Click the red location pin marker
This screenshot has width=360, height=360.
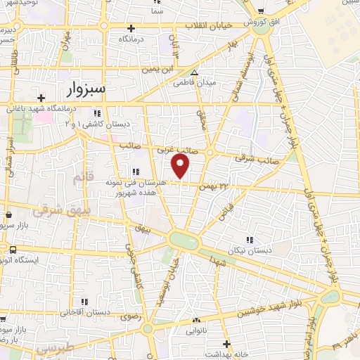click(x=181, y=167)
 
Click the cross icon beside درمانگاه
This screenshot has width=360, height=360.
click(x=130, y=28)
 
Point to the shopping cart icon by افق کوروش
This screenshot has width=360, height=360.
click(x=261, y=12)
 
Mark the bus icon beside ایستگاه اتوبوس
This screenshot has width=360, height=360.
click(x=13, y=250)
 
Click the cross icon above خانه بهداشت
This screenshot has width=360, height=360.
click(x=226, y=344)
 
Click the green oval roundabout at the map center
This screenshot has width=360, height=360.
click(x=184, y=240)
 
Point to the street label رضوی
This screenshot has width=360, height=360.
click(x=131, y=318)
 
